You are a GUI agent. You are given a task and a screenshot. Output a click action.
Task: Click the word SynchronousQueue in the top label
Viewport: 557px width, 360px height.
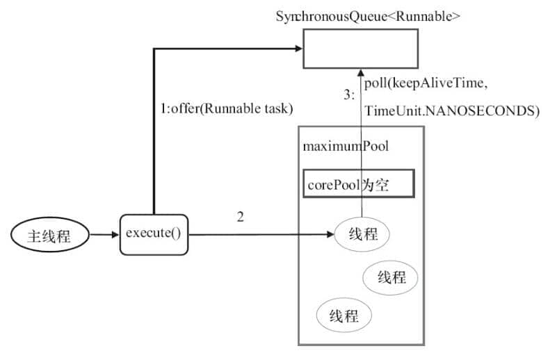[324, 15]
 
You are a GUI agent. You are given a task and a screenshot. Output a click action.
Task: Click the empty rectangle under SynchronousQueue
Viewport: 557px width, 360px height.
[359, 48]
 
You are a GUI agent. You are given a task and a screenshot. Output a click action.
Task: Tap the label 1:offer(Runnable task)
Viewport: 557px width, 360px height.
[227, 108]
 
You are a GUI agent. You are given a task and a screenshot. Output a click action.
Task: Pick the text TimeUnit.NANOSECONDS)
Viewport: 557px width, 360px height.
[452, 111]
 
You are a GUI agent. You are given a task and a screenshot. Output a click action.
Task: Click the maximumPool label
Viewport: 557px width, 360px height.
[346, 146]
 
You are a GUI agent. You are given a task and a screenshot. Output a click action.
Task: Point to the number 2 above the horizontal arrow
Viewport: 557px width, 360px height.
[241, 217]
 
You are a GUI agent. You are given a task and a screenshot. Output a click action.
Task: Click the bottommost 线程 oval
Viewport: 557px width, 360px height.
[344, 316]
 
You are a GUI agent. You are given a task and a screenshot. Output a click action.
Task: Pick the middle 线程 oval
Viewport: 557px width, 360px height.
[391, 277]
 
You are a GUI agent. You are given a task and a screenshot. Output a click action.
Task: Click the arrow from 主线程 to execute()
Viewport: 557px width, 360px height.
[105, 235]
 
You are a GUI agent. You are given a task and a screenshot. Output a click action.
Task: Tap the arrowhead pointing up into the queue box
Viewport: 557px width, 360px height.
[361, 72]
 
